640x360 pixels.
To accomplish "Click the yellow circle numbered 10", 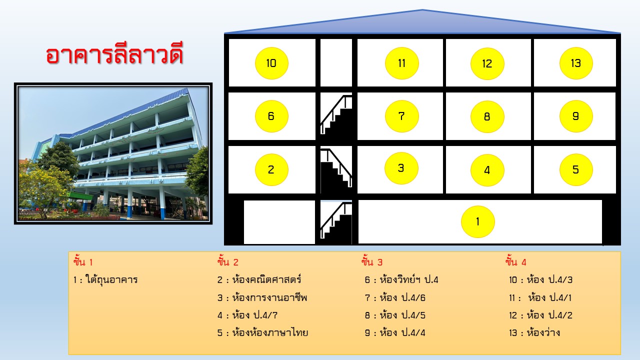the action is (x=271, y=63).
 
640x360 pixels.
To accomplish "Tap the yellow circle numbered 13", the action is (x=576, y=63).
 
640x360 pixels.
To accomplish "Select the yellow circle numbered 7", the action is (x=401, y=116).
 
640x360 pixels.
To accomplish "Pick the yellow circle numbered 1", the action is (x=477, y=221).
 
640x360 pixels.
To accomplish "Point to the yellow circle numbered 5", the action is (x=576, y=169).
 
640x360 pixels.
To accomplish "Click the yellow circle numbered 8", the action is (x=487, y=116).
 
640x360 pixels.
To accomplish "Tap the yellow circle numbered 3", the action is (x=401, y=168).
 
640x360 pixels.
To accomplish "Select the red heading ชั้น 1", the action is (x=83, y=261).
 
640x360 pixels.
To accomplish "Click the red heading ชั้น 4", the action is (x=515, y=261).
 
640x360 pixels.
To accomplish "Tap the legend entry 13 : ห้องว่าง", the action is (x=534, y=332).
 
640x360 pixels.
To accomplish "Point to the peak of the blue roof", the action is (x=422, y=9).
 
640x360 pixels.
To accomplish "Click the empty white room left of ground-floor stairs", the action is (x=279, y=222).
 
